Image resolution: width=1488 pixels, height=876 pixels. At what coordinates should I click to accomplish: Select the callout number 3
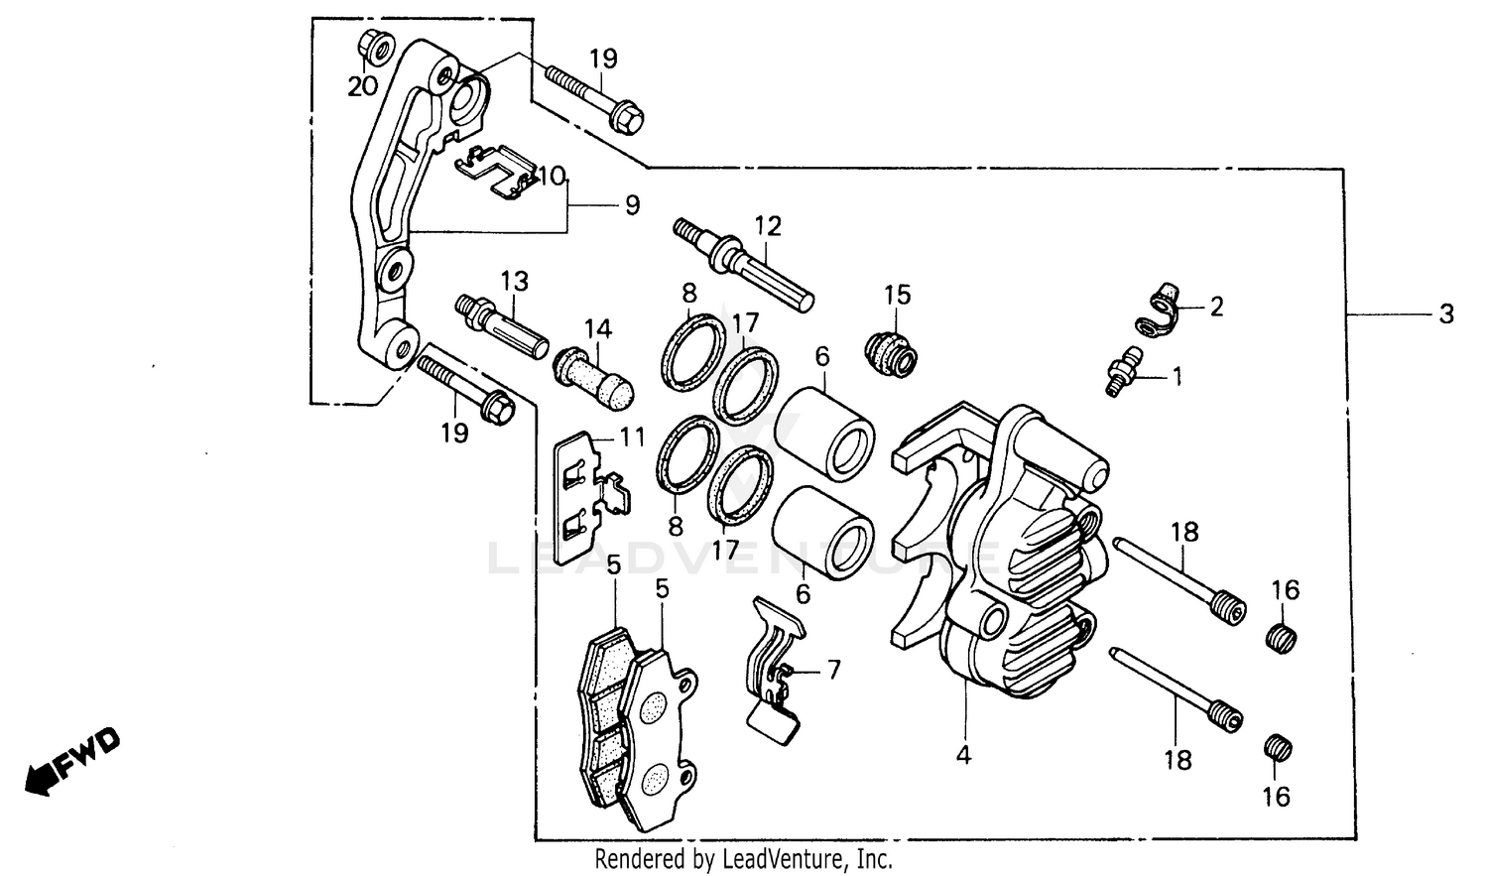tap(1446, 314)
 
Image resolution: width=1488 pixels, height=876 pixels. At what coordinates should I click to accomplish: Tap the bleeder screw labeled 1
tap(1125, 374)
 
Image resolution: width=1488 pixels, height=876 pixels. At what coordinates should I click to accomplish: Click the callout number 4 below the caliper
tap(963, 755)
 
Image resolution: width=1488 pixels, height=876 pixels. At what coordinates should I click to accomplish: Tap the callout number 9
tap(632, 205)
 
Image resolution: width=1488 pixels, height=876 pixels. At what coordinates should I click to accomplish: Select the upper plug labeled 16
tap(1283, 637)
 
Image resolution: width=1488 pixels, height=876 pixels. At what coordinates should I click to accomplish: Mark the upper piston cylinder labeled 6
tap(826, 432)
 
